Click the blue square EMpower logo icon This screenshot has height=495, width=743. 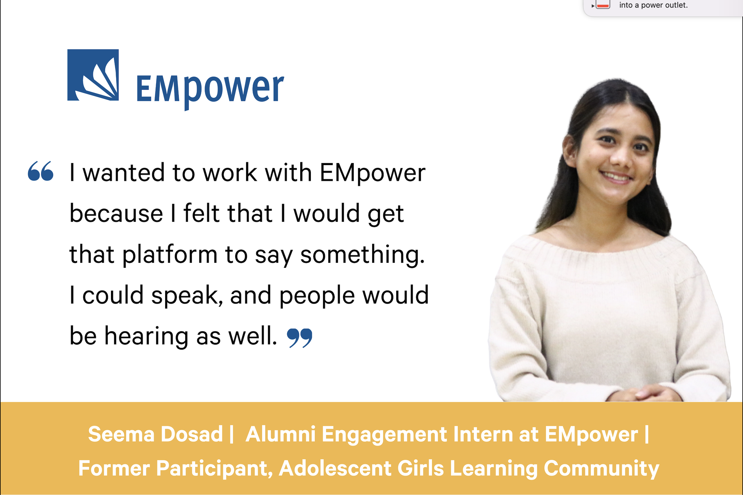[x=93, y=75]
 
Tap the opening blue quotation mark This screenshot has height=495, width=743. [x=41, y=171]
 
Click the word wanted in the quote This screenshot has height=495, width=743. [x=123, y=173]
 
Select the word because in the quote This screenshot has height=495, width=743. [x=116, y=213]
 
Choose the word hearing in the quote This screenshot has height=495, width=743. [x=147, y=337]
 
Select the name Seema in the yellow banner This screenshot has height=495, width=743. [x=121, y=434]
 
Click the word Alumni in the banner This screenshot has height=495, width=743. [x=281, y=434]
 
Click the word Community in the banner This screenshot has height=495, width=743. [x=601, y=469]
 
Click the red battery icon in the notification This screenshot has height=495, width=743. [x=603, y=5]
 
